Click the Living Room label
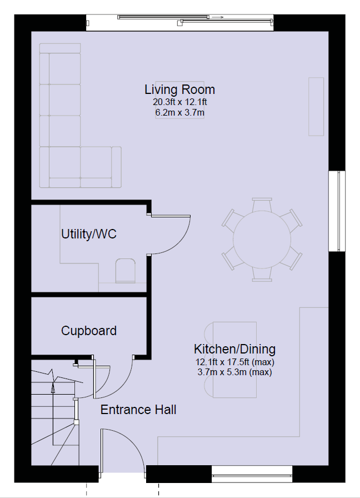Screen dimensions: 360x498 (x=179, y=89)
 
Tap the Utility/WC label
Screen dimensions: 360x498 (x=89, y=234)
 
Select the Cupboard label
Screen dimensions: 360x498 (x=89, y=331)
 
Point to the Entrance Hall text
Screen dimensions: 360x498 (x=138, y=410)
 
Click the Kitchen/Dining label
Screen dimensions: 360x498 (x=234, y=349)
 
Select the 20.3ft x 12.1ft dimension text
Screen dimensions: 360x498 (x=179, y=102)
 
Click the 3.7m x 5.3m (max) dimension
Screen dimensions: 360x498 (x=234, y=372)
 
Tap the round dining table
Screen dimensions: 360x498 (x=262, y=240)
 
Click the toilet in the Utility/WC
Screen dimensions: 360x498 (x=126, y=271)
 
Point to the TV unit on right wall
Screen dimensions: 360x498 (x=316, y=107)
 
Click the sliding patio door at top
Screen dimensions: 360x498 (x=179, y=22)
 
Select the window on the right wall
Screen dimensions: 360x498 (x=337, y=211)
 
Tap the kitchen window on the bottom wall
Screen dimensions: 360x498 (x=252, y=474)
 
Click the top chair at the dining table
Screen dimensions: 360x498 (x=262, y=205)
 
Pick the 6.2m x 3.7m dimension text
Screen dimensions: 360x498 (x=179, y=113)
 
